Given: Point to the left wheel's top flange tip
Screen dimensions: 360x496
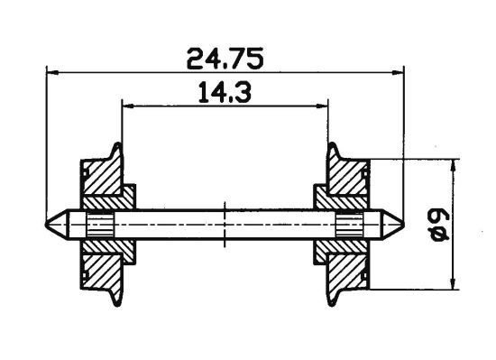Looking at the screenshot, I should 116,144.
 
